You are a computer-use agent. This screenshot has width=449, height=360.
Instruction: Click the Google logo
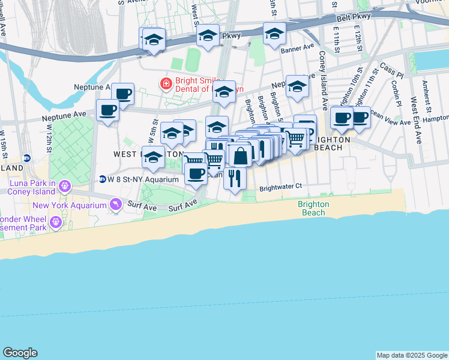coord(20,353)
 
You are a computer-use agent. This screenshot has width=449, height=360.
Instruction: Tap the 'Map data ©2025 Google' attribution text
coord(412,355)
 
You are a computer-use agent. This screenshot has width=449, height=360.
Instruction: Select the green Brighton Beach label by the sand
coord(313,208)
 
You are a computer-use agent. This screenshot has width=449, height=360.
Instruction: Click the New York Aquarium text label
coord(70,206)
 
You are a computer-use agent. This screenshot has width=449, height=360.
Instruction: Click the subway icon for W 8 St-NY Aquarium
coord(103,179)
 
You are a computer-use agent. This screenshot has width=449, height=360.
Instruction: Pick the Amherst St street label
coord(427,97)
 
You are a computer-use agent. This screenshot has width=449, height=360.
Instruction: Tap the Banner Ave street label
coord(298,47)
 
